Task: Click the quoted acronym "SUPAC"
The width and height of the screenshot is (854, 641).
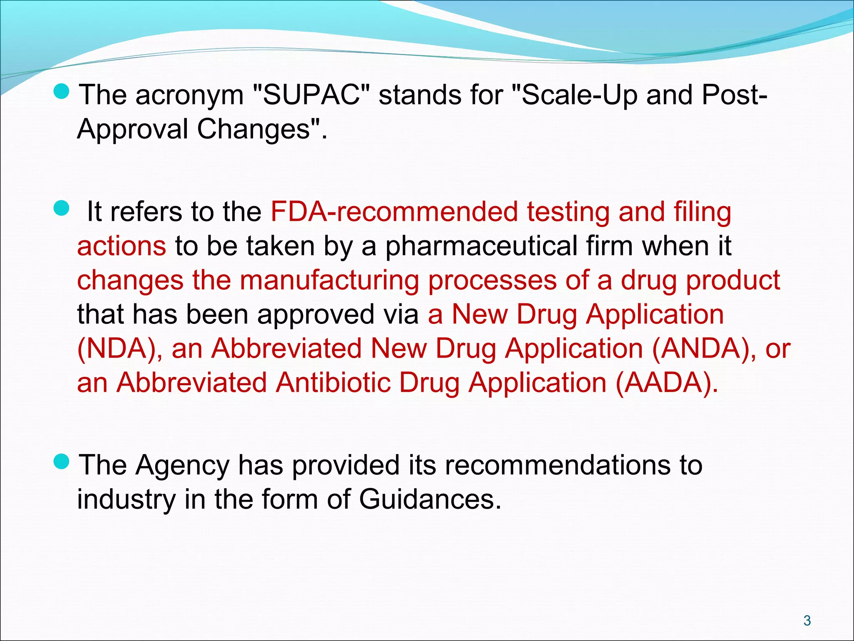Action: point(311,95)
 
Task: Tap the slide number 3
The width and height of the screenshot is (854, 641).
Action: point(807,621)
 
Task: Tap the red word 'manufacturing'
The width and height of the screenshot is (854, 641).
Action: point(329,280)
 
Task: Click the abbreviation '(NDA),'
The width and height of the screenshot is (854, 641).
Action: point(120,348)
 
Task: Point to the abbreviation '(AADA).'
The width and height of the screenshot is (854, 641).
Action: point(667,383)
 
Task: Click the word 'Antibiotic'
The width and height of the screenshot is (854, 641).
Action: point(333,383)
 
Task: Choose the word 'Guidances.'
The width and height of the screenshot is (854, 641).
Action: point(430,500)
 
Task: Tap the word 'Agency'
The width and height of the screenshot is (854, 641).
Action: point(182,465)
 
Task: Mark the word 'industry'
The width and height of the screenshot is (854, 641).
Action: point(126,500)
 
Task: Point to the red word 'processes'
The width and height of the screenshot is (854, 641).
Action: point(492,280)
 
